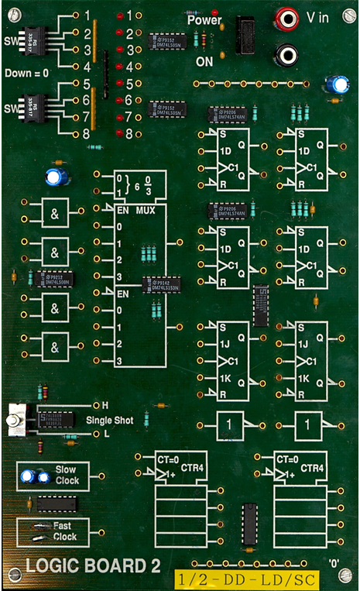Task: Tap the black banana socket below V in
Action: (287, 54)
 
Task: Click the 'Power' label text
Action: (204, 21)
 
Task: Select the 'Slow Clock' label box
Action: (53, 474)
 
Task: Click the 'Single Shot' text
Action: (109, 420)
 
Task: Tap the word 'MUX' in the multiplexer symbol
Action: (146, 210)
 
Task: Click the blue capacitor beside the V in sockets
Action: (336, 84)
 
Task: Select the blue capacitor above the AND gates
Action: (55, 177)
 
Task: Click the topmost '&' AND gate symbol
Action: (55, 212)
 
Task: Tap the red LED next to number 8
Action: (118, 133)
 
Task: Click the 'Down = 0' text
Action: (26, 73)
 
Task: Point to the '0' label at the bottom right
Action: (334, 563)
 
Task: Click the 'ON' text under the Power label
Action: (204, 60)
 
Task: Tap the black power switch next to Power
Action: (248, 34)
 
